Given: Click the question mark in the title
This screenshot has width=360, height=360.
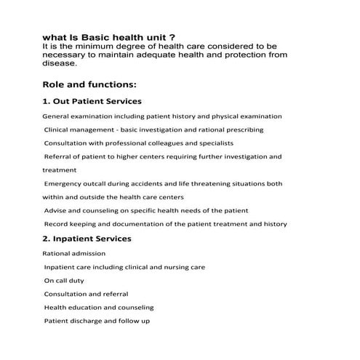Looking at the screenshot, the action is point(172,37).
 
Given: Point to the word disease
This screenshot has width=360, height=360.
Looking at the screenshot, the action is point(60,63).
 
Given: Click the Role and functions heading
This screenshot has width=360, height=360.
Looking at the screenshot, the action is point(89,84).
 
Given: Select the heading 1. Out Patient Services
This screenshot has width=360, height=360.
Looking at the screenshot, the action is point(92,101).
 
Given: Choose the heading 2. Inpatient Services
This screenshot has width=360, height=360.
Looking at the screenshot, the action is point(87,239).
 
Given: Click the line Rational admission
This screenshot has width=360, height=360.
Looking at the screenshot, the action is point(73,253).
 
